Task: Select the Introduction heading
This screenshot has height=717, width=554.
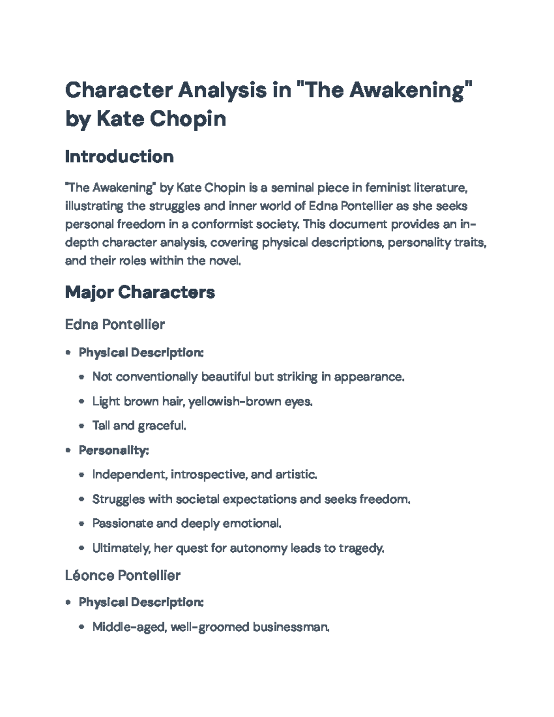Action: pyautogui.click(x=119, y=157)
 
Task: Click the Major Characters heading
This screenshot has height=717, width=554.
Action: pyautogui.click(x=140, y=292)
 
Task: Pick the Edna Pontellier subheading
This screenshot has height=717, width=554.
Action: pyautogui.click(x=115, y=325)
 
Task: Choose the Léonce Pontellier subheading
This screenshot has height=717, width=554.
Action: pyautogui.click(x=122, y=575)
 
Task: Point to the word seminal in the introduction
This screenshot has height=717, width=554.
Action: pyautogui.click(x=291, y=188)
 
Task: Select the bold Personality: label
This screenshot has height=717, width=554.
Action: pyautogui.click(x=114, y=450)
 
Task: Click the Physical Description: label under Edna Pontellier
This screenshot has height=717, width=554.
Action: pyautogui.click(x=141, y=353)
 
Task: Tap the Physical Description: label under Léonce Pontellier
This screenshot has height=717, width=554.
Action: pyautogui.click(x=141, y=603)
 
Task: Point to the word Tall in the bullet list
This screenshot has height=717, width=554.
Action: pyautogui.click(x=101, y=426)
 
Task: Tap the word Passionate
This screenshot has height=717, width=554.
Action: pyautogui.click(x=122, y=524)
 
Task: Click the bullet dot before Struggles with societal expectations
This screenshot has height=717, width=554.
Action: pyautogui.click(x=82, y=500)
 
